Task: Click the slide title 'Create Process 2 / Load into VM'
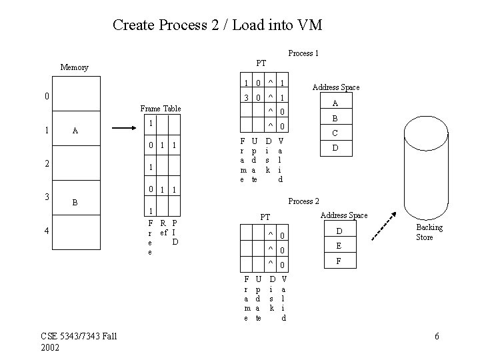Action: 217,25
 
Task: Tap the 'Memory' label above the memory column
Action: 74,67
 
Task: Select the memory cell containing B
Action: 75,201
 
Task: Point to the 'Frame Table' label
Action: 161,109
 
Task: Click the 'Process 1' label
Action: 303,53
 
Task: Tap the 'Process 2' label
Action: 303,201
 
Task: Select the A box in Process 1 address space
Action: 335,103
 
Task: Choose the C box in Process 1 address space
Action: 335,133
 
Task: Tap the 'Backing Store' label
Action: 429,233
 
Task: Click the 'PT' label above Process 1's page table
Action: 261,63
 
